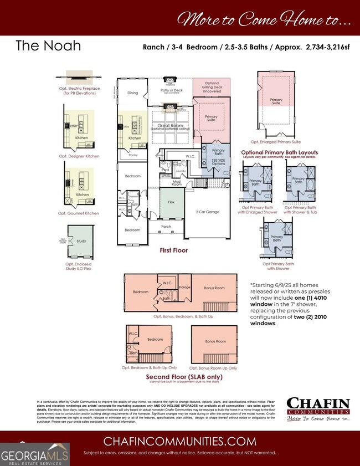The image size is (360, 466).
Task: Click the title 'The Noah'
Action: tap(48, 45)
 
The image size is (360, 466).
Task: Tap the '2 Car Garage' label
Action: tap(207, 212)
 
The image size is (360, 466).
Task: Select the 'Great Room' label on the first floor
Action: tap(171, 126)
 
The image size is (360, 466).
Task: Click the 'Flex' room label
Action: tap(171, 202)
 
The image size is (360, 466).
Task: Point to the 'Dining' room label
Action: tap(132, 93)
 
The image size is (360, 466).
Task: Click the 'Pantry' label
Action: tap(132, 156)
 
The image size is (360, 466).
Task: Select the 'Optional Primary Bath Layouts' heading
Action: tap(279, 152)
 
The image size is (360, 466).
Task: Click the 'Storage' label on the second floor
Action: tap(184, 287)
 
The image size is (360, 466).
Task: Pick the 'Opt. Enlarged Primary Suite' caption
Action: tap(275, 141)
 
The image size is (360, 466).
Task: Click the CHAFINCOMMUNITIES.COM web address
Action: tap(179, 442)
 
